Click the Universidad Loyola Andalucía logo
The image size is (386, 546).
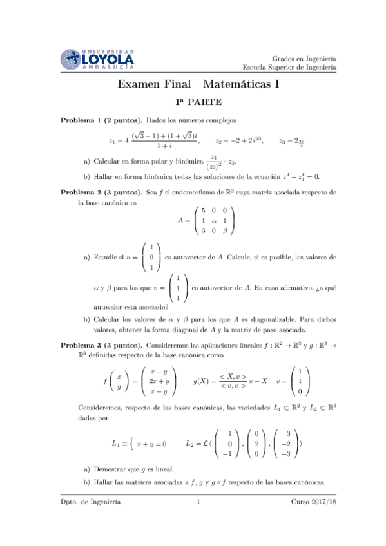coord(97,59)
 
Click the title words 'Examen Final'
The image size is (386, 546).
coord(152,84)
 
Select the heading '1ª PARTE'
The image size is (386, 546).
coord(198,102)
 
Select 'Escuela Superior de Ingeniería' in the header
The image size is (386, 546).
coord(289,66)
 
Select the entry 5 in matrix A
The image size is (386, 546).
coord(204,210)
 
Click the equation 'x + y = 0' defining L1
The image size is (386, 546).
coord(151,444)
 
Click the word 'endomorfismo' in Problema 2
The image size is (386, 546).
coord(189,192)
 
